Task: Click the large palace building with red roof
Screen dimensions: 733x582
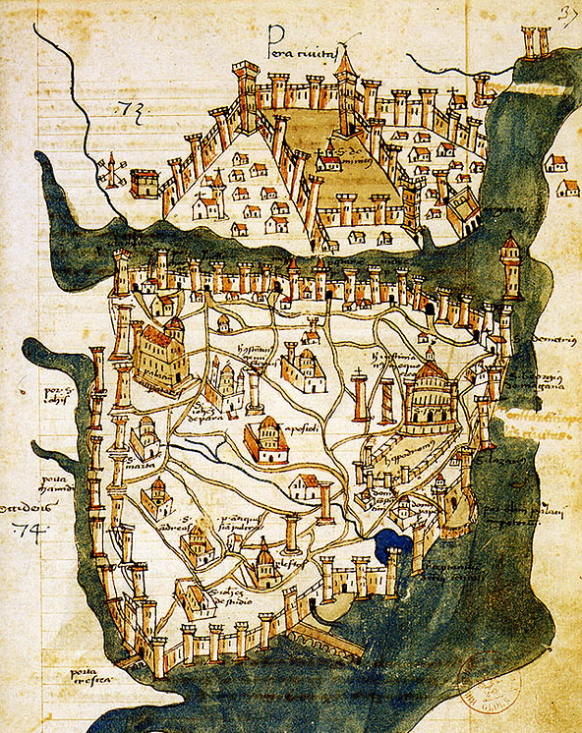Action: point(161,353)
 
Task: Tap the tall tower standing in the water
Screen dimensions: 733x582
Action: point(509,264)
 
